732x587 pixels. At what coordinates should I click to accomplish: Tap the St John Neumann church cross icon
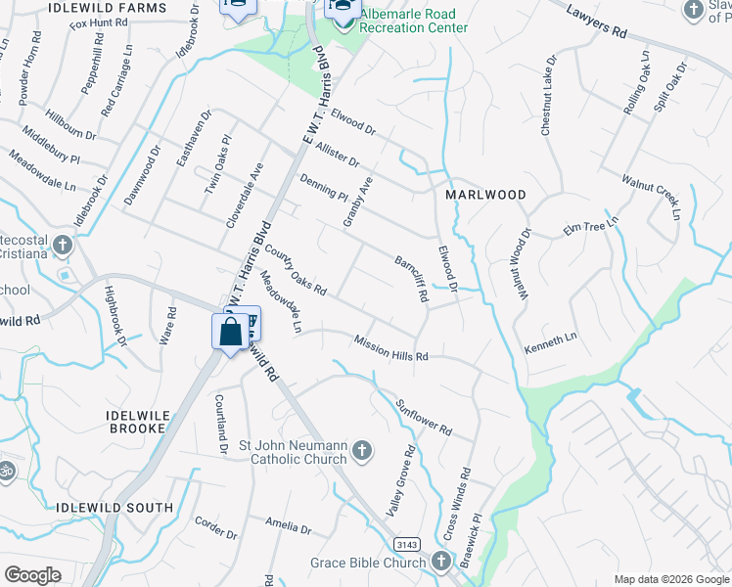point(362,451)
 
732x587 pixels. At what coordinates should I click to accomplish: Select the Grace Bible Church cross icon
point(440,562)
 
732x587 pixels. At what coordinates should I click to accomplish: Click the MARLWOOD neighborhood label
point(485,195)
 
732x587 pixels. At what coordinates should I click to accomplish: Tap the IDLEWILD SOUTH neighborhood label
point(115,508)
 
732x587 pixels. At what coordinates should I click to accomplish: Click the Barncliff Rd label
point(411,279)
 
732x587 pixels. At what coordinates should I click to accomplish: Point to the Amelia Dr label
point(291,527)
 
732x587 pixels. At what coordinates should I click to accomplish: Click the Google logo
point(32,575)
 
